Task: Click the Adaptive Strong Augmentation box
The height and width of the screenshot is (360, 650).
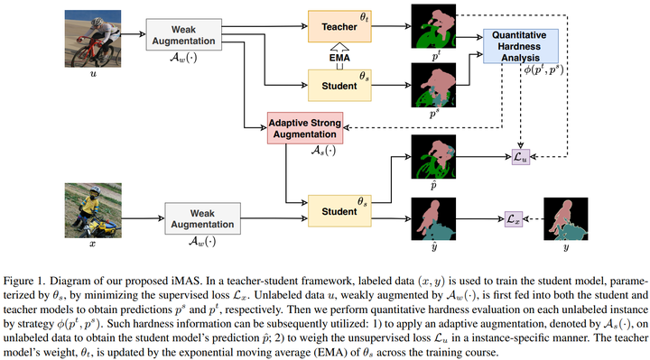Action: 308,128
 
